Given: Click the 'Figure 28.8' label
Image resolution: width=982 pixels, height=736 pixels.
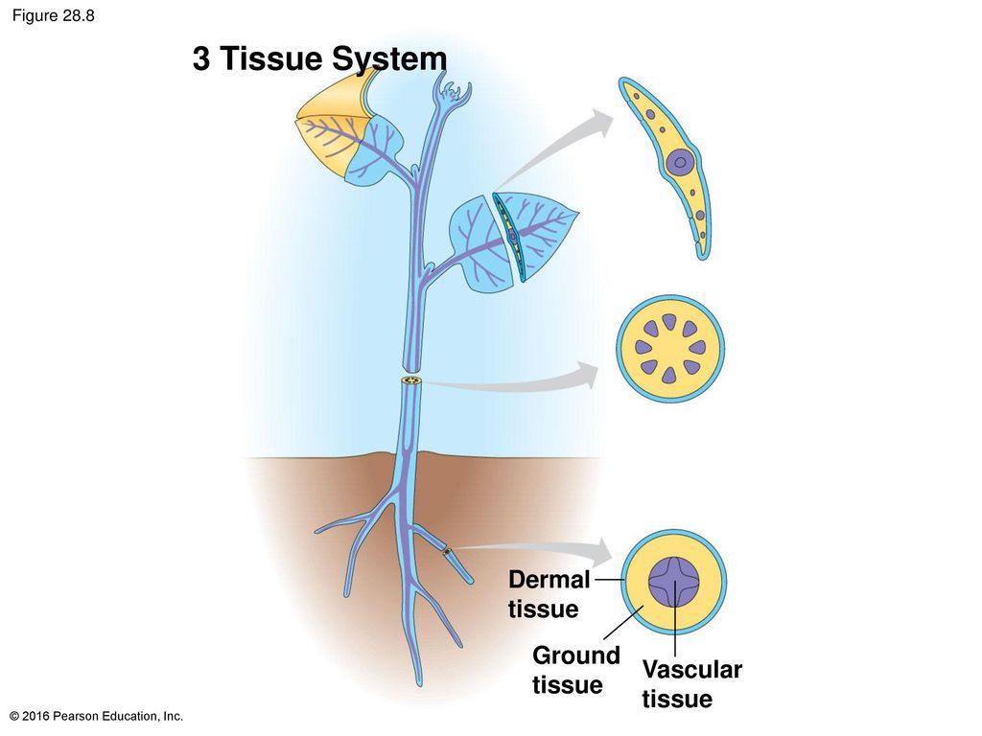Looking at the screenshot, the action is (x=54, y=15).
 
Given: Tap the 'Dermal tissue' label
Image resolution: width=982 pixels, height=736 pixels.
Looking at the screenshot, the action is (x=549, y=594).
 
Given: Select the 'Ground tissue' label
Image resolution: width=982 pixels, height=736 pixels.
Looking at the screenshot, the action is (x=575, y=670).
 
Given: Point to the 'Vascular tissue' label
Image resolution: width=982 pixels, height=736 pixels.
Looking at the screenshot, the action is (x=691, y=684).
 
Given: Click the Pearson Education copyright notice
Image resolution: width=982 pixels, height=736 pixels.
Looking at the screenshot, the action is (x=97, y=716).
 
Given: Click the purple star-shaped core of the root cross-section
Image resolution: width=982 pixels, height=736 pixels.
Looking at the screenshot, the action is (x=673, y=582).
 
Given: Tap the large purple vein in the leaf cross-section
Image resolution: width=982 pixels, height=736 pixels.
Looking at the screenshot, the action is (x=680, y=163).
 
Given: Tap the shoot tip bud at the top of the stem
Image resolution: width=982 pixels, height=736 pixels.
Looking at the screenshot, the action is (x=453, y=92).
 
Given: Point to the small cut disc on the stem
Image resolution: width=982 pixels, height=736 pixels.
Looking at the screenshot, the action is (x=411, y=380).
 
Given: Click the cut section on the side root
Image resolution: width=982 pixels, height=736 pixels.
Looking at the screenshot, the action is (x=447, y=552).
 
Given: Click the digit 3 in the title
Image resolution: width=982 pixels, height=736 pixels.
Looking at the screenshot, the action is (x=201, y=58).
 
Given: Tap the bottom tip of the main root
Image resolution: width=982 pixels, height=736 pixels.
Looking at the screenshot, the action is (x=419, y=684).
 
